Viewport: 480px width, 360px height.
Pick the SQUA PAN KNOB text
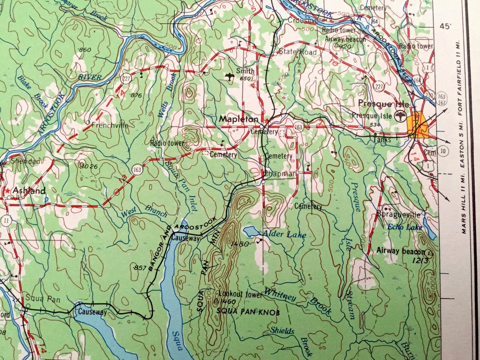click(x=248, y=312)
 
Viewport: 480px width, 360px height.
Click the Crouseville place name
click(x=306, y=20)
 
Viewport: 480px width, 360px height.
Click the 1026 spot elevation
click(x=88, y=166)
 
